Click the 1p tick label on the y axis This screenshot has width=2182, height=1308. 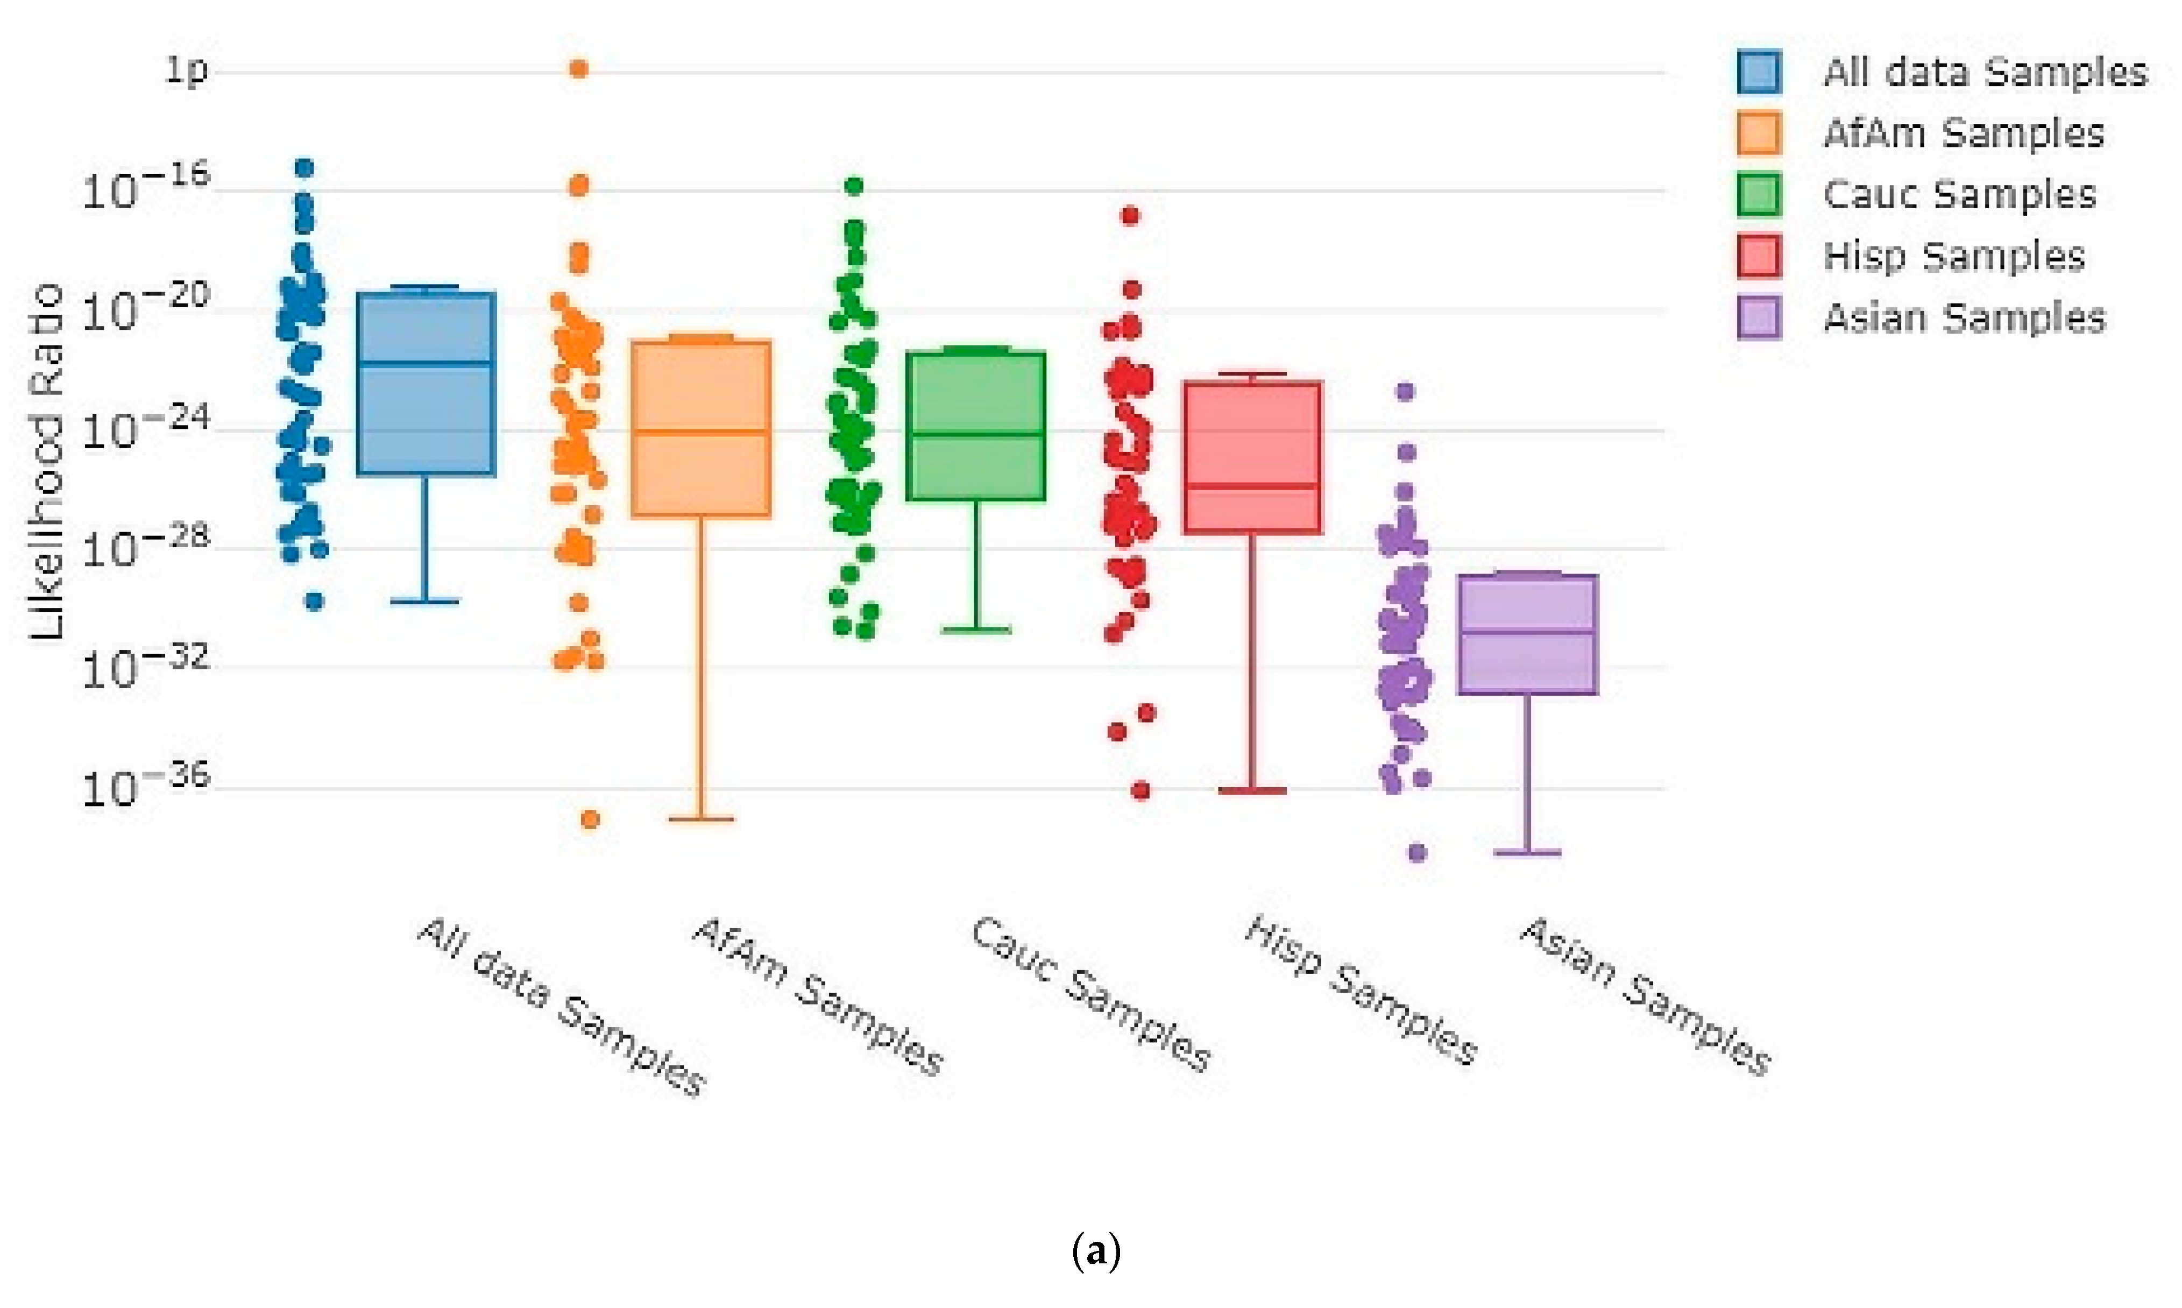click(186, 69)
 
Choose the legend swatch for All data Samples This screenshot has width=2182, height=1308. click(1759, 72)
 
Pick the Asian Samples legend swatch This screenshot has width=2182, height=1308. click(1759, 317)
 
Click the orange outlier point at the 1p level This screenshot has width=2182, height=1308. click(578, 69)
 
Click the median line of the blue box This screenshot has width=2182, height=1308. click(427, 362)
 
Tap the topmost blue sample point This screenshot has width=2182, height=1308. click(304, 167)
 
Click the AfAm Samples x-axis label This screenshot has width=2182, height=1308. click(818, 996)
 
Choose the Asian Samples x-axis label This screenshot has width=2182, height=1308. click(1645, 996)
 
